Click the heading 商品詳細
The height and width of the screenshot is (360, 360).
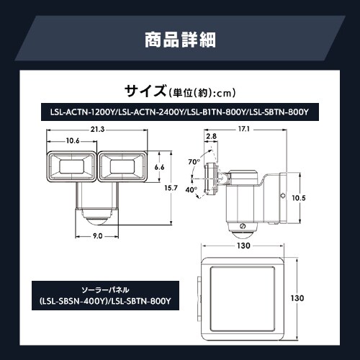pyautogui.click(x=180, y=40)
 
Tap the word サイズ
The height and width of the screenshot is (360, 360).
pyautogui.click(x=145, y=91)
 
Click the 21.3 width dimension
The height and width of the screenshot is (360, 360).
pyautogui.click(x=97, y=130)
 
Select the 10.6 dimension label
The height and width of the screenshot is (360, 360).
pyautogui.click(x=73, y=140)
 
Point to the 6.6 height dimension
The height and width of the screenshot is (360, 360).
pyautogui.click(x=159, y=167)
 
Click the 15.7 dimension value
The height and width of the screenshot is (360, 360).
pyautogui.click(x=171, y=188)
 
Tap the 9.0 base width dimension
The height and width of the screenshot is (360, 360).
pyautogui.click(x=97, y=236)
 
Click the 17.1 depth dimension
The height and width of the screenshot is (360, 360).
pyautogui.click(x=244, y=129)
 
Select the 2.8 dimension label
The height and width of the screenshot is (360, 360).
pyautogui.click(x=211, y=136)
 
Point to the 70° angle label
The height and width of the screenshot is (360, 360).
pyautogui.click(x=194, y=162)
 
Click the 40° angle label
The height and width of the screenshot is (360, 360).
pyautogui.click(x=191, y=189)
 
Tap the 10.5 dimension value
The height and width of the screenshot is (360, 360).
pyautogui.click(x=299, y=198)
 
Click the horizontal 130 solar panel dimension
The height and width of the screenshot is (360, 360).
pyautogui.click(x=243, y=246)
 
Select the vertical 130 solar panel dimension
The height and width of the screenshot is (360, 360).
pyautogui.click(x=297, y=298)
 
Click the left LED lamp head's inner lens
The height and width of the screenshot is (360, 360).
pyautogui.click(x=71, y=166)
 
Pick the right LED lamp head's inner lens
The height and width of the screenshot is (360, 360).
pyautogui.click(x=122, y=166)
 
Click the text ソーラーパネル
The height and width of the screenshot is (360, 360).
pyautogui.click(x=105, y=290)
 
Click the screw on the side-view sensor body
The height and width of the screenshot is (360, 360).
pyautogui.click(x=243, y=226)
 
